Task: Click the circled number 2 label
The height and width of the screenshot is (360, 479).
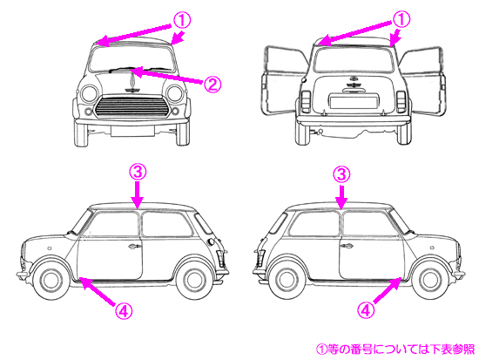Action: coord(212,84)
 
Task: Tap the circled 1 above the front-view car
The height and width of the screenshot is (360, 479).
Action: coord(182,20)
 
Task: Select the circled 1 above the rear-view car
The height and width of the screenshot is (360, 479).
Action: coord(401,19)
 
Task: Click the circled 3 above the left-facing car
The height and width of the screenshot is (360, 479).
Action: coord(138,172)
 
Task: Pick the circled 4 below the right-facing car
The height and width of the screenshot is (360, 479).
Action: coord(366,310)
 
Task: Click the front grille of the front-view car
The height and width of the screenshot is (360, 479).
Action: coord(132,106)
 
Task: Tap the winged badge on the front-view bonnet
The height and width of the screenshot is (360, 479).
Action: coord(132,90)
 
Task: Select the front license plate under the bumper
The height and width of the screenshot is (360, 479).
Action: coord(132,131)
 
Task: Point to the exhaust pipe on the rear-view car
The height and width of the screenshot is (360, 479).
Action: coord(319,132)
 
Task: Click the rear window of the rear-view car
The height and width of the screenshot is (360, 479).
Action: coord(353,60)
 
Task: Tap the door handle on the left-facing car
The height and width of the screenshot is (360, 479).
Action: coord(135,246)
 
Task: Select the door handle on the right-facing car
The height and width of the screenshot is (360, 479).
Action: coord(346,246)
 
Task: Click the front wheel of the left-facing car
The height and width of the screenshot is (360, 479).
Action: coord(51,280)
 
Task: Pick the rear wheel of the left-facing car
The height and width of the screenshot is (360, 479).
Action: coord(193,281)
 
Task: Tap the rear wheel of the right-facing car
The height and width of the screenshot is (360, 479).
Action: coord(287,281)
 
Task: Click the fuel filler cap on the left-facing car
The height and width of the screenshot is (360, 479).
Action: coord(211,241)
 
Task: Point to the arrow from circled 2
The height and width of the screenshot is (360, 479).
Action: coord(167,76)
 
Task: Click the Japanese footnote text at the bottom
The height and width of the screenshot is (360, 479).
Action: coord(395,349)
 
